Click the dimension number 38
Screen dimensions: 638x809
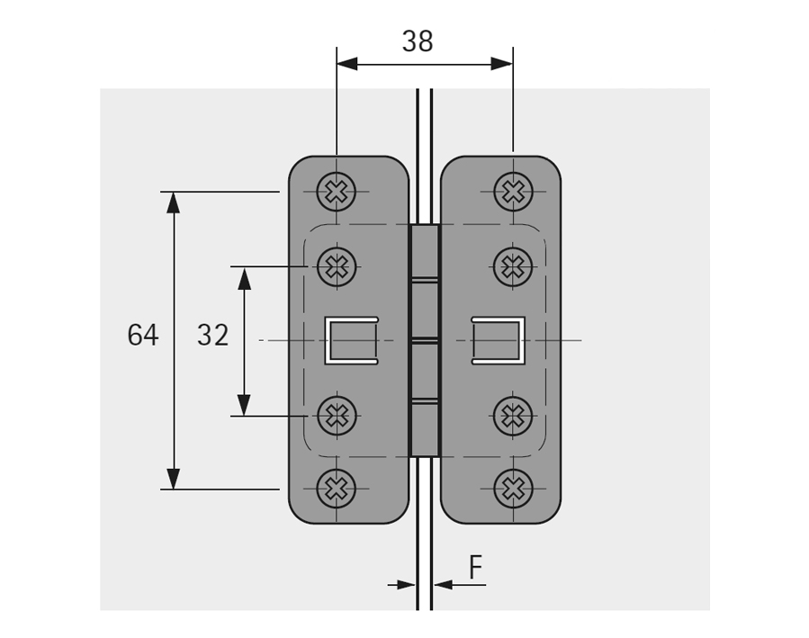click(418, 41)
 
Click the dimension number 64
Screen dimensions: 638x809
click(142, 336)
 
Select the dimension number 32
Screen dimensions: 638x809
click(213, 336)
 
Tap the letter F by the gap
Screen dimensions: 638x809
click(475, 568)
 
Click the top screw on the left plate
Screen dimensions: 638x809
click(337, 191)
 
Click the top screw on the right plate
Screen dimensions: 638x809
click(513, 191)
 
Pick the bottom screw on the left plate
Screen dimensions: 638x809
click(337, 489)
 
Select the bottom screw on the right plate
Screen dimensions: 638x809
click(513, 489)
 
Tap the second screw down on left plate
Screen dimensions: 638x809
click(337, 265)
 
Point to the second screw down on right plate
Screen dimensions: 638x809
click(513, 265)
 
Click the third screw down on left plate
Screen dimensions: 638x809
click(337, 415)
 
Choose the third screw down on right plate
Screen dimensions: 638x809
click(513, 415)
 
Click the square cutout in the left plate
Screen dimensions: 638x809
click(351, 340)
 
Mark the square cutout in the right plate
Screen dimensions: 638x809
click(497, 340)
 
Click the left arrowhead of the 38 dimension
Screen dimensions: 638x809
click(347, 64)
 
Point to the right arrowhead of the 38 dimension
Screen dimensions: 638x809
click(502, 64)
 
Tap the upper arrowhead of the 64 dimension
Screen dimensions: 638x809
click(174, 202)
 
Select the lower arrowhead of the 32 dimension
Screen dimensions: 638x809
click(244, 405)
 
